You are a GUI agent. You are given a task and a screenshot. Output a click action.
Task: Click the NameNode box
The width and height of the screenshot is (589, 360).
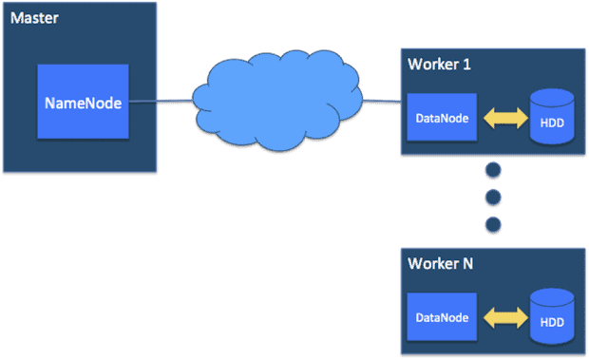click(x=84, y=102)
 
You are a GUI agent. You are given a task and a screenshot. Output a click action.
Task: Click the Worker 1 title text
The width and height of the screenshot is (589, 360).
click(x=440, y=65)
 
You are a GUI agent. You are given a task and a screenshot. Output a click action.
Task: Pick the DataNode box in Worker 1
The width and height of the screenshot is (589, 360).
click(x=442, y=118)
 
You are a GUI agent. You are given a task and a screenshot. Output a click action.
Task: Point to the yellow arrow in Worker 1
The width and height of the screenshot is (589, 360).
click(x=503, y=118)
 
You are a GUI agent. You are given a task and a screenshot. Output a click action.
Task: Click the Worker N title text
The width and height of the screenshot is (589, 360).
click(x=441, y=263)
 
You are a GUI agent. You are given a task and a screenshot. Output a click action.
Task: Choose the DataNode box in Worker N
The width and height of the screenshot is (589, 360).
click(x=442, y=317)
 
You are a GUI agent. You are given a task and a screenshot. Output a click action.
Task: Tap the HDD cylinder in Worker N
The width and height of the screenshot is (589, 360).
click(x=552, y=316)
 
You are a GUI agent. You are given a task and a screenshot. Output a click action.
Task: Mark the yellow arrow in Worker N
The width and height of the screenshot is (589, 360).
click(x=503, y=317)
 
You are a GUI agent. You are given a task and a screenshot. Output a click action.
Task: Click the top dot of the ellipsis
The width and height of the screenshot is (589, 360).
click(x=492, y=171)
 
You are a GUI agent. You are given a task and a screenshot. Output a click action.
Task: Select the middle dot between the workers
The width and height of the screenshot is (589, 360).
click(x=492, y=198)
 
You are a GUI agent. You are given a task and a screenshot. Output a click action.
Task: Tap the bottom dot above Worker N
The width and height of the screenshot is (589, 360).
click(x=492, y=224)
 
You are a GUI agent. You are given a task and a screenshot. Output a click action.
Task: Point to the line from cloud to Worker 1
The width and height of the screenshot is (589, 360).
click(x=380, y=100)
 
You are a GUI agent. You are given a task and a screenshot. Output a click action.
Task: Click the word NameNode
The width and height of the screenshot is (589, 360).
click(x=84, y=103)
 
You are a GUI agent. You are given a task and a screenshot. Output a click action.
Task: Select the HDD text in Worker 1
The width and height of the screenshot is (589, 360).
click(x=552, y=123)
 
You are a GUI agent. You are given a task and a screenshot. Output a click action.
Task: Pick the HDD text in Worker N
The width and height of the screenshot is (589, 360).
click(x=552, y=322)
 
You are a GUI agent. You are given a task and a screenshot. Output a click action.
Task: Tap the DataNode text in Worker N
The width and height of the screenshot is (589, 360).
click(x=442, y=317)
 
